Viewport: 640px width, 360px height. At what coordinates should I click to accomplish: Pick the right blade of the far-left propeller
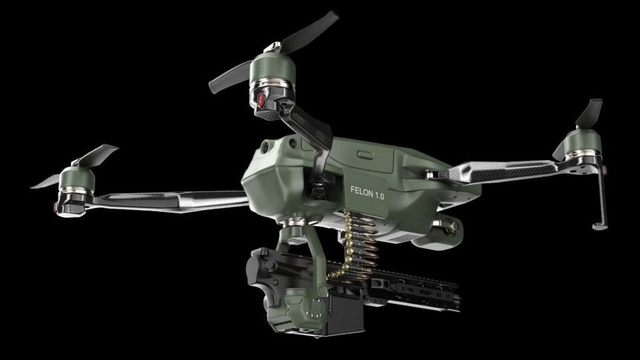[101, 152]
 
